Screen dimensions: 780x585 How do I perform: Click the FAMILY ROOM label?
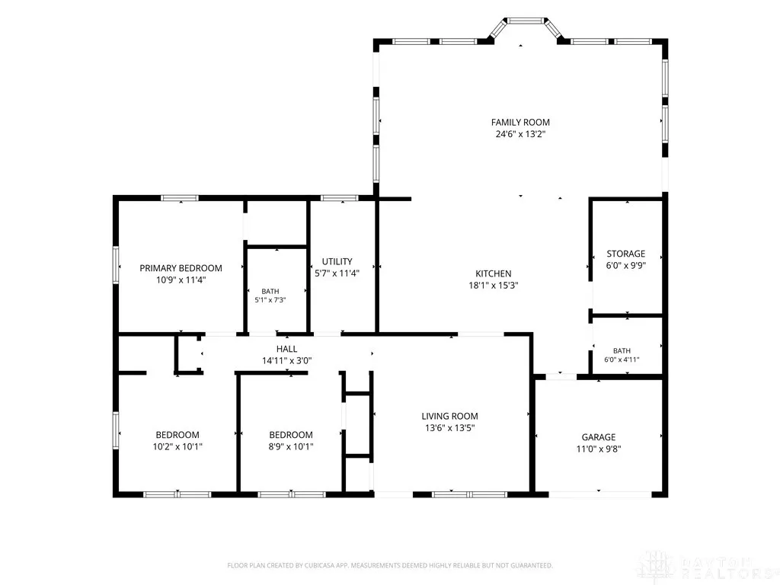[520, 123]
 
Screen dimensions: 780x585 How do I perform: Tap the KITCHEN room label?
[494, 273]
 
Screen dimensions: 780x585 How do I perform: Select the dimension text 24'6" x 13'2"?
[520, 134]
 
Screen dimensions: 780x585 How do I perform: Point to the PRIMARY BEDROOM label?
[181, 268]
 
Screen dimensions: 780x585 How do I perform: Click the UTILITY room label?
[337, 262]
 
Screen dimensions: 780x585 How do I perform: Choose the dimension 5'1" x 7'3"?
[270, 300]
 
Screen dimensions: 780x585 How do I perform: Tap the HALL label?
[287, 349]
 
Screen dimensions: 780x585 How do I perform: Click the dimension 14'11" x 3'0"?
[287, 360]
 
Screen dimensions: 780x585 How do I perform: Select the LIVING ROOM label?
[449, 417]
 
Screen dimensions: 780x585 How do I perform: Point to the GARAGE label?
[599, 437]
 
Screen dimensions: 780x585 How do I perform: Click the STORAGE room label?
[626, 254]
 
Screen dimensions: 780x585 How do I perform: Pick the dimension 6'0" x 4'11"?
[622, 360]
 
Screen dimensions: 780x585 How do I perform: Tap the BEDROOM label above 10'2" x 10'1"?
[177, 435]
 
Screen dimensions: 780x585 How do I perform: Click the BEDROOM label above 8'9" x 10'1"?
[291, 435]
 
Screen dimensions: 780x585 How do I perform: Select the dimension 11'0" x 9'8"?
[599, 449]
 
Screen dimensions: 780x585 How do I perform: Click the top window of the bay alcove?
[526, 21]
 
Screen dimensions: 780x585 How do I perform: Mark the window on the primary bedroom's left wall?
[116, 265]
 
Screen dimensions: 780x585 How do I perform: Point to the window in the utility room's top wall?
[339, 198]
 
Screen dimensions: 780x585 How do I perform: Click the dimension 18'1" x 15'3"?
[494, 286]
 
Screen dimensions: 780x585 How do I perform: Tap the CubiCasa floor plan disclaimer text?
[390, 566]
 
